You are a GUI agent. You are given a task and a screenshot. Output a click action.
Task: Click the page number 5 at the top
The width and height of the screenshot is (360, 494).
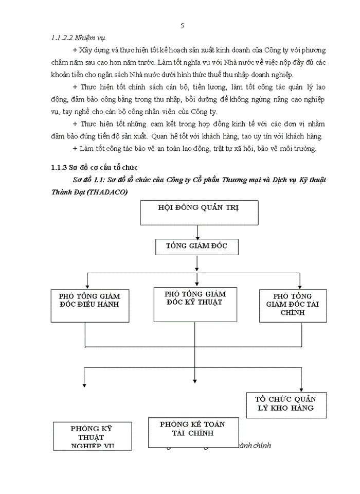click(x=183, y=26)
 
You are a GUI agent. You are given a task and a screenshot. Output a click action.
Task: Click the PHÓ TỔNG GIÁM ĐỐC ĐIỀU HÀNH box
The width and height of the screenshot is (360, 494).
click(x=89, y=306)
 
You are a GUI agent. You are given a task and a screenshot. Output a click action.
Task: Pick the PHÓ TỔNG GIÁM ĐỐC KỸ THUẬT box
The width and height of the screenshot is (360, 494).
click(x=194, y=304)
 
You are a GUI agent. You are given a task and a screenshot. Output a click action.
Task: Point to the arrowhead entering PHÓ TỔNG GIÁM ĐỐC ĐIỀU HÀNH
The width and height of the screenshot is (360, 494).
click(x=88, y=287)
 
